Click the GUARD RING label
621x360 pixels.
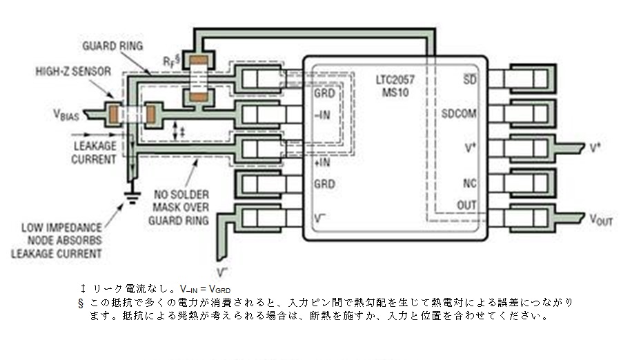(112, 46)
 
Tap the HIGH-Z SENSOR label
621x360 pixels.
(73, 72)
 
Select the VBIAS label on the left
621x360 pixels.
(66, 115)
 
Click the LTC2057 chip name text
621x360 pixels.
(395, 80)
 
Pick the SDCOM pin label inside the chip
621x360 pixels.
(459, 114)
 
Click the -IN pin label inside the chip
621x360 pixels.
(322, 115)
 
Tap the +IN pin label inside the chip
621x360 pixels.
(322, 162)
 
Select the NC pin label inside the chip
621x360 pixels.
(470, 183)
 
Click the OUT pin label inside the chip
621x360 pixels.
(466, 206)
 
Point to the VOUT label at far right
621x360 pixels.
(601, 219)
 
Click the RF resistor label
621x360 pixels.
(172, 60)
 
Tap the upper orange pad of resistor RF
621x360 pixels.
(199, 60)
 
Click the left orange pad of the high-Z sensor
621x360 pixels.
(114, 114)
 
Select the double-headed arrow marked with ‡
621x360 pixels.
(176, 131)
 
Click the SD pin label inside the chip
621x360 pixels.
(470, 79)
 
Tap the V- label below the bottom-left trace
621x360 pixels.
(222, 272)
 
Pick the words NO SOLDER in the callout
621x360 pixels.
(181, 195)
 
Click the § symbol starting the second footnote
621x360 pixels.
(81, 303)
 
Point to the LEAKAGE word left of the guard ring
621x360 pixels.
(95, 146)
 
